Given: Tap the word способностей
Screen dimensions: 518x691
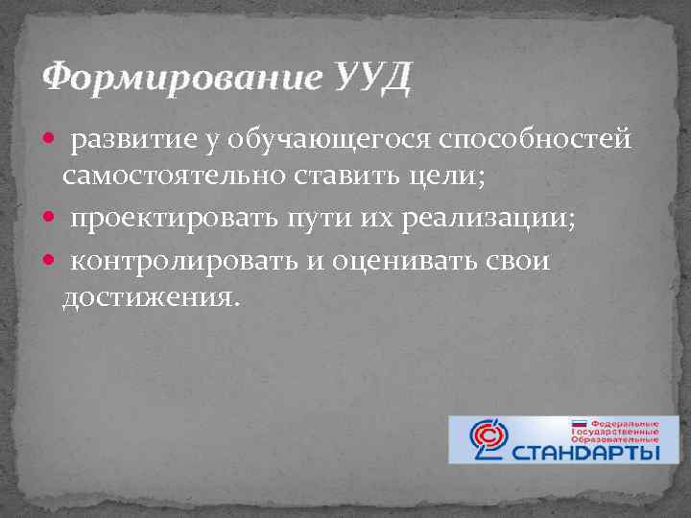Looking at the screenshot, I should click(x=536, y=141).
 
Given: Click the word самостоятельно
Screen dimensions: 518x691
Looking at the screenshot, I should click(x=171, y=177).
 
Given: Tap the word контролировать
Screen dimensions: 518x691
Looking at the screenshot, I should click(x=188, y=260).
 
